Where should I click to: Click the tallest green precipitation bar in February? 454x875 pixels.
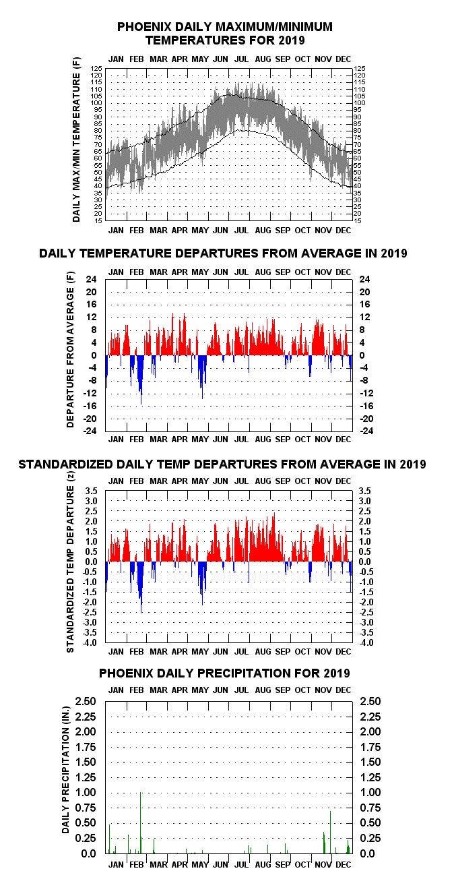tap(140, 822)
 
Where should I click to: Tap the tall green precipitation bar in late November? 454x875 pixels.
tap(330, 832)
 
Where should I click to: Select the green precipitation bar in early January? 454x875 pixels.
tap(109, 839)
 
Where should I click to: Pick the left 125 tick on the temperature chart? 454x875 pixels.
tap(96, 68)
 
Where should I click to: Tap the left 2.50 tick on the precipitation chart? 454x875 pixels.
tap(86, 702)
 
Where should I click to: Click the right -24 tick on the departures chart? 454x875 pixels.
tap(366, 431)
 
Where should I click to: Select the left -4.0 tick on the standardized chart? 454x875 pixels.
tap(90, 642)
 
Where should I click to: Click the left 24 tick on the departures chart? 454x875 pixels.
tap(92, 279)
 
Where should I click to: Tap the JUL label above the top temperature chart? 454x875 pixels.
tap(241, 59)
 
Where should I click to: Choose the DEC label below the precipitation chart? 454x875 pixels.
tap(343, 865)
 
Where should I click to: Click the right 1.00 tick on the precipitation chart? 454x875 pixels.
tap(370, 792)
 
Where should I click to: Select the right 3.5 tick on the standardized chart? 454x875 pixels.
tap(365, 491)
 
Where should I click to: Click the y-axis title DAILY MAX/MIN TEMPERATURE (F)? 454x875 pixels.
tap(76, 140)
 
